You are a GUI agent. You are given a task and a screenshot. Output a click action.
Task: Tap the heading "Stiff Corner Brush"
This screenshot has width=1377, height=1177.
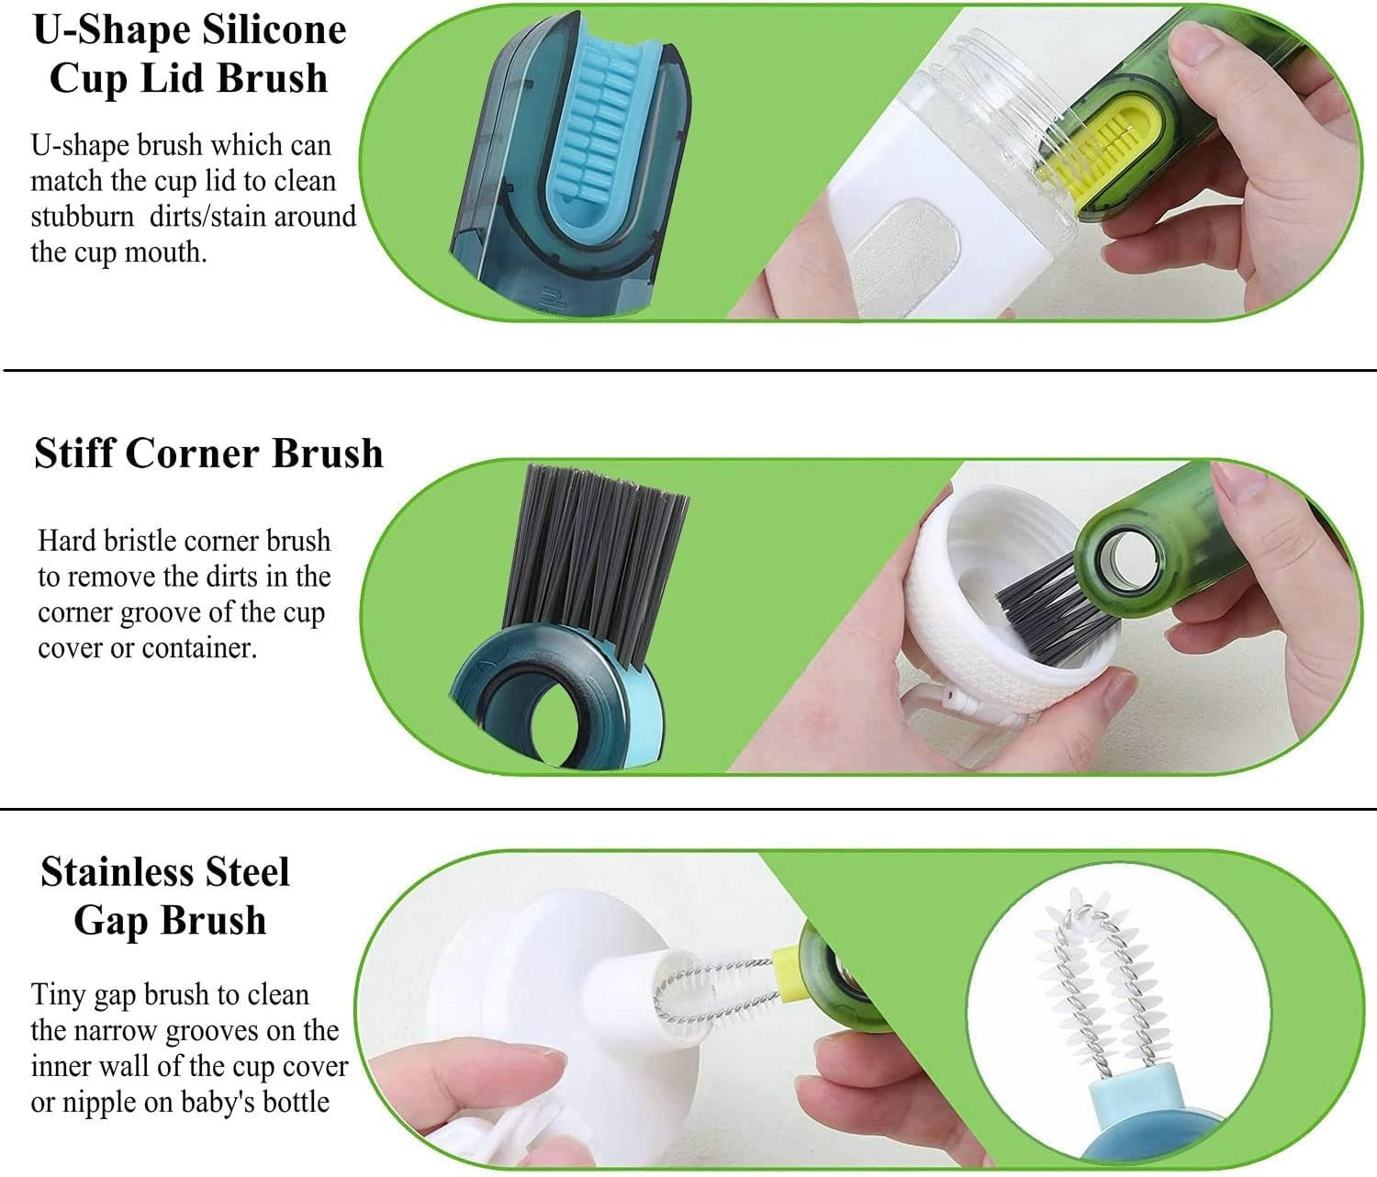pyautogui.click(x=208, y=453)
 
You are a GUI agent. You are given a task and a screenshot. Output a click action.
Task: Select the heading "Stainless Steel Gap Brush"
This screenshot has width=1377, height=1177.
pyautogui.click(x=167, y=895)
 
